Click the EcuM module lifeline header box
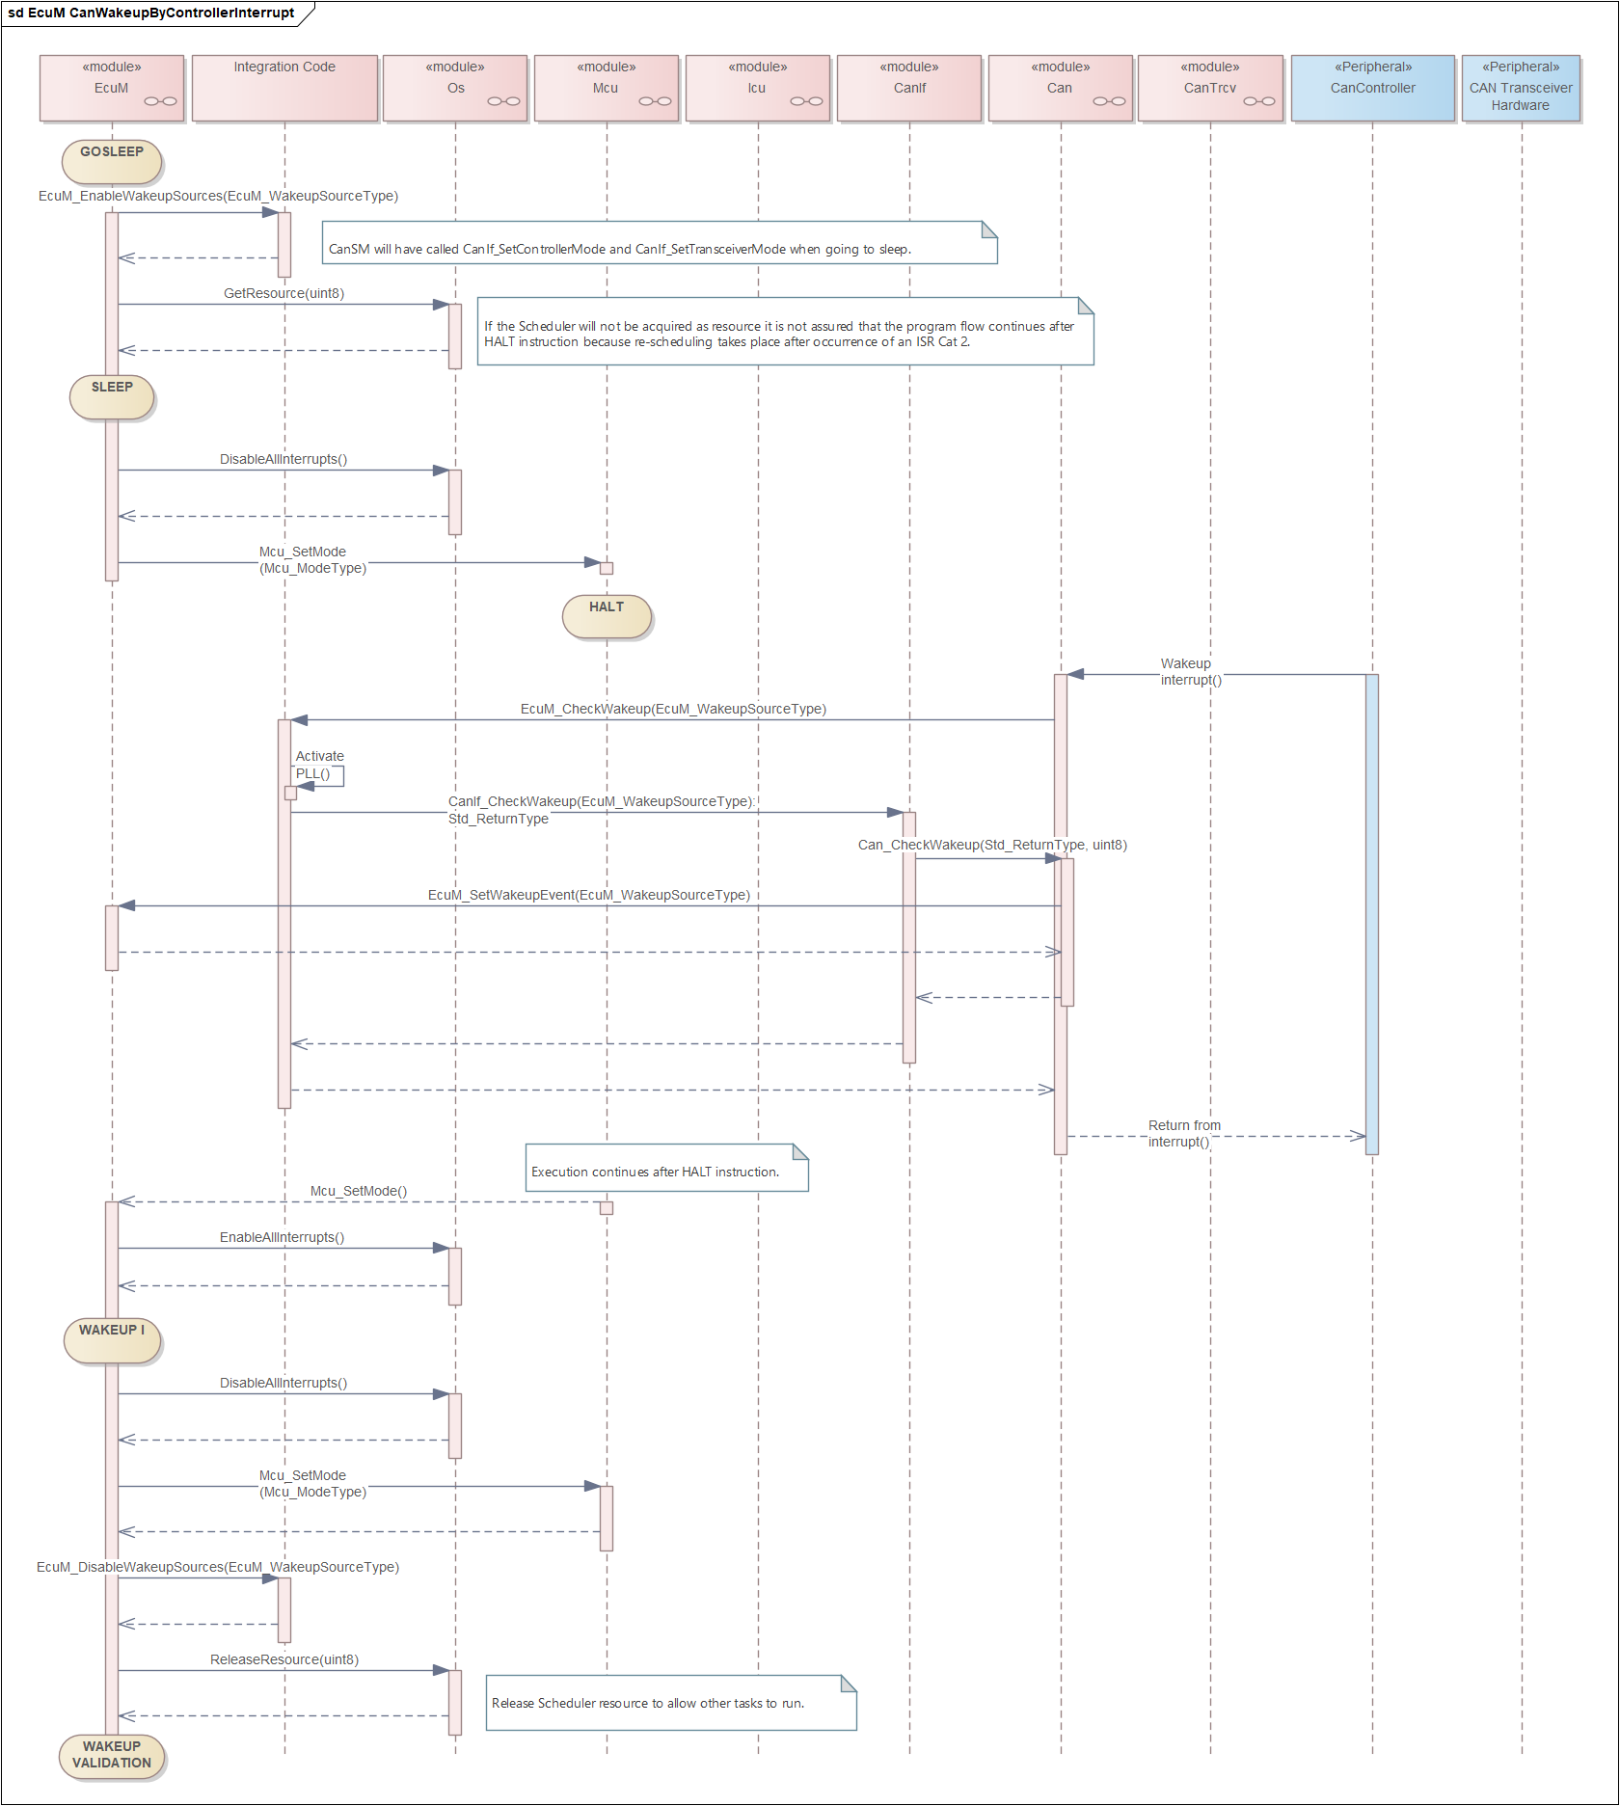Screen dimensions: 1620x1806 pos(112,88)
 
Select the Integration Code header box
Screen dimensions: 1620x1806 pos(284,88)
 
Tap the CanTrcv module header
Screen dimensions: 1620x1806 pos(1210,88)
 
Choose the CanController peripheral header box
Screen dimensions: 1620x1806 pos(1373,88)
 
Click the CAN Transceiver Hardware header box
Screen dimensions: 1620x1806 pos(1521,88)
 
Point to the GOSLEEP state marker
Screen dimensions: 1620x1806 pos(112,161)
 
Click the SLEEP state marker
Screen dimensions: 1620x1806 pos(112,396)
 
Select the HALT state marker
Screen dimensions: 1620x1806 pos(607,616)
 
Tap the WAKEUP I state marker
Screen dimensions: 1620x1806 pos(112,1340)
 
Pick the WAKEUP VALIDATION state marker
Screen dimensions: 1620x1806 pos(112,1756)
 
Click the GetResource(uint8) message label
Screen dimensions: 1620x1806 pos(284,293)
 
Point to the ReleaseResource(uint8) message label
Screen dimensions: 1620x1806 pos(284,1659)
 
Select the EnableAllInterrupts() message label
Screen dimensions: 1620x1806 pos(282,1237)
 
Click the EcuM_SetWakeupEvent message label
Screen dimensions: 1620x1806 pos(589,895)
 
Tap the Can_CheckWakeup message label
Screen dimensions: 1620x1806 pos(992,845)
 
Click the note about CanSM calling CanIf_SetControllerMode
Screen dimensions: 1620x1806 pos(661,242)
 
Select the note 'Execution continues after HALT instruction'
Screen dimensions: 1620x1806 pos(666,1168)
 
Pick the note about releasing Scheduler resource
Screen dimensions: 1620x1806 pos(671,1703)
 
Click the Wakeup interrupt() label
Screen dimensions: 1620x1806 pos(1191,671)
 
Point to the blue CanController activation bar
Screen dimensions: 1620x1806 pos(1372,914)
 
